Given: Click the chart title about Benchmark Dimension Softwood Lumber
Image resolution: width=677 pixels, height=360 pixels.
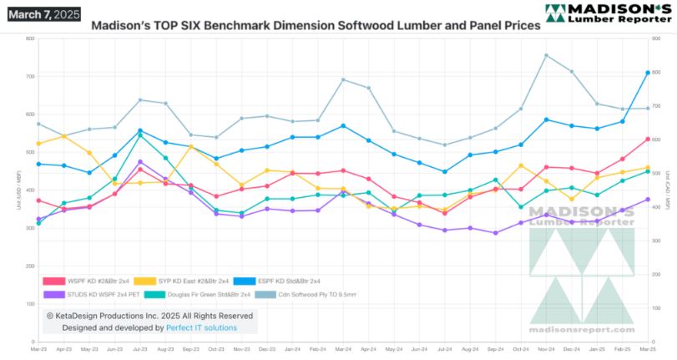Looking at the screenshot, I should tap(315, 26).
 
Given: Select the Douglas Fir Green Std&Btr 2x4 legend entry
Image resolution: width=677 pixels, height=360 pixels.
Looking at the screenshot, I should tap(198, 294).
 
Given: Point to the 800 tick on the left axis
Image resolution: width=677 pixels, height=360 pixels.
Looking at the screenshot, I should tap(30, 38).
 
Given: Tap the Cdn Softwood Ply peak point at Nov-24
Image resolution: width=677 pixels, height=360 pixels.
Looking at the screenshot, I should tap(546, 55).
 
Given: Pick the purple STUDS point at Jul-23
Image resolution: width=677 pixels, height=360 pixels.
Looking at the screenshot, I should tap(140, 162).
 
